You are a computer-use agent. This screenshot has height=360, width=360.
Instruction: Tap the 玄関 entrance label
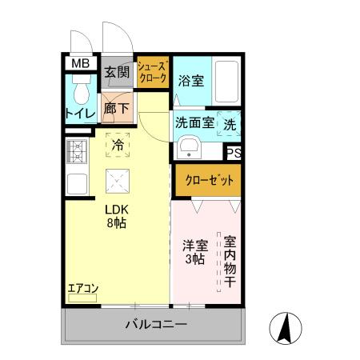[x=117, y=72]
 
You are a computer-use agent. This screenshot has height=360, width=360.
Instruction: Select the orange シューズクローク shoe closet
[x=152, y=74]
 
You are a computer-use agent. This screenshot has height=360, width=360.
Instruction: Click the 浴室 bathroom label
[x=190, y=80]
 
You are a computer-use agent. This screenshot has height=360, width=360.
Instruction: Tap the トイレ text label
[x=80, y=114]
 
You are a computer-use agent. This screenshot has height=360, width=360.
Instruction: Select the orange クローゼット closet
[x=207, y=180]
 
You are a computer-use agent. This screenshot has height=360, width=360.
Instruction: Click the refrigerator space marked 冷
[x=118, y=145]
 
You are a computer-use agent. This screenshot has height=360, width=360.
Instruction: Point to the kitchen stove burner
[x=78, y=150]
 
